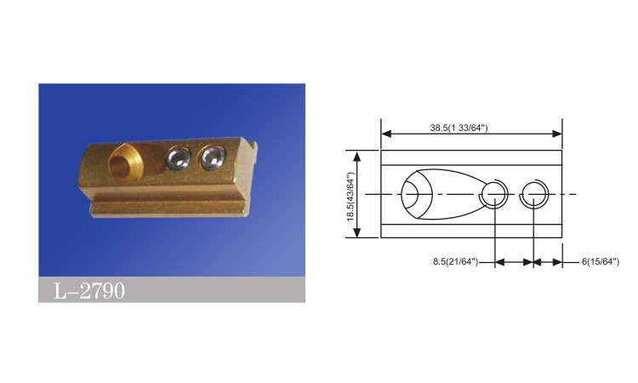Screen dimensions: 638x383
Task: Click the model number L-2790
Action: (89, 290)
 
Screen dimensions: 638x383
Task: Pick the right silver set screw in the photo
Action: (212, 157)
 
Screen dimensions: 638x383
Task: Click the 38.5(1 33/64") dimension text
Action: (459, 128)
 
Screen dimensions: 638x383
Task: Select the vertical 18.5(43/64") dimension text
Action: (350, 197)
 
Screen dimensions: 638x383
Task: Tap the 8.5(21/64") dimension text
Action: (455, 261)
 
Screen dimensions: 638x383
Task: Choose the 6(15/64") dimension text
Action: (601, 261)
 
